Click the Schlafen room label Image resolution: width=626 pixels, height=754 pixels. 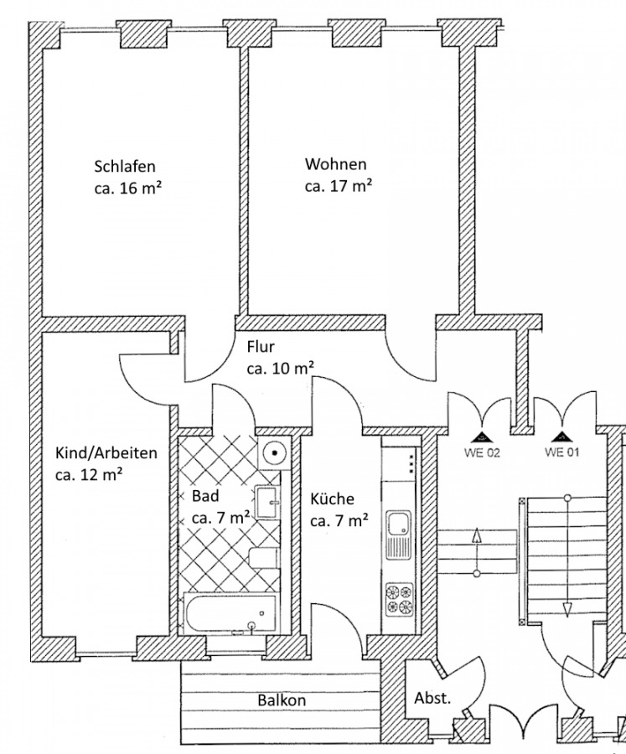pyautogui.click(x=125, y=166)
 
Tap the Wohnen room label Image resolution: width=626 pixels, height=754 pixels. pyautogui.click(x=335, y=163)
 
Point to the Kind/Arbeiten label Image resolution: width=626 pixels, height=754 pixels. pyautogui.click(x=106, y=453)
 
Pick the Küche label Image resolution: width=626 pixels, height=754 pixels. pyautogui.click(x=332, y=498)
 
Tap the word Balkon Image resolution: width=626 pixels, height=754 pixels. pyautogui.click(x=282, y=700)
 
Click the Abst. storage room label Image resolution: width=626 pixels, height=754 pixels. pyautogui.click(x=432, y=698)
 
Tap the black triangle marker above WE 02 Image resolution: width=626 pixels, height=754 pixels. pyautogui.click(x=482, y=436)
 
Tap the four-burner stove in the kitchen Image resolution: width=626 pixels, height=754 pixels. pyautogui.click(x=398, y=597)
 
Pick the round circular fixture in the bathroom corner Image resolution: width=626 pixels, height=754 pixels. pyautogui.click(x=273, y=452)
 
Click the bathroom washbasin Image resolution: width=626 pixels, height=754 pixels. pyautogui.click(x=267, y=502)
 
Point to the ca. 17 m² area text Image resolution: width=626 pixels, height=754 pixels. pyautogui.click(x=338, y=186)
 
